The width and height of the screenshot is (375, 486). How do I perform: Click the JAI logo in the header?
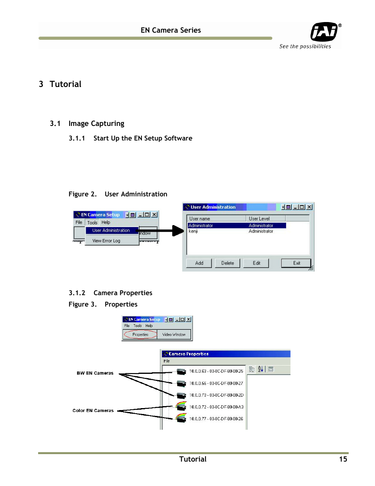[x=324, y=32]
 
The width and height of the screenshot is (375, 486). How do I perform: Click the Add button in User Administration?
[x=199, y=263]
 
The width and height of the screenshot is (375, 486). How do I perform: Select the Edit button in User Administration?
[x=256, y=263]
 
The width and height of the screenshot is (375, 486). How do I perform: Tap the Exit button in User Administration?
[x=296, y=263]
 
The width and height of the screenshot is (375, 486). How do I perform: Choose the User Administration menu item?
[x=111, y=231]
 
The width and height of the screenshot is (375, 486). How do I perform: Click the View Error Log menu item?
[x=106, y=241]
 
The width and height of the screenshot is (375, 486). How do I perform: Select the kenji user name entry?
[x=193, y=231]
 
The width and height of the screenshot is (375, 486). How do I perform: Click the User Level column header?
[x=259, y=219]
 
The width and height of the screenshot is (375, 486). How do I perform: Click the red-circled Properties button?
[x=140, y=334]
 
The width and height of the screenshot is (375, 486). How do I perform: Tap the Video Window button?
[x=174, y=334]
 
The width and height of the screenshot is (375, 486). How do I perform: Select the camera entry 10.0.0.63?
[x=216, y=371]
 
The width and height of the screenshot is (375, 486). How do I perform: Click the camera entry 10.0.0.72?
[x=216, y=407]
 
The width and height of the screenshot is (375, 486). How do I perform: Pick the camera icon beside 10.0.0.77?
[x=181, y=418]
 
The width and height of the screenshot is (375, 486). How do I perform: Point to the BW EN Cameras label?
[x=95, y=373]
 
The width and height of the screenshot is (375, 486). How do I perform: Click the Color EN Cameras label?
[x=93, y=410]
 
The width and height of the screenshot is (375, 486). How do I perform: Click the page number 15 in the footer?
[x=343, y=459]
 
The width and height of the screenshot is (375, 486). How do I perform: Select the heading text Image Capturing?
[x=96, y=124]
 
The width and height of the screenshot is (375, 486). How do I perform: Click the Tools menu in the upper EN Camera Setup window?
[x=92, y=223]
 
